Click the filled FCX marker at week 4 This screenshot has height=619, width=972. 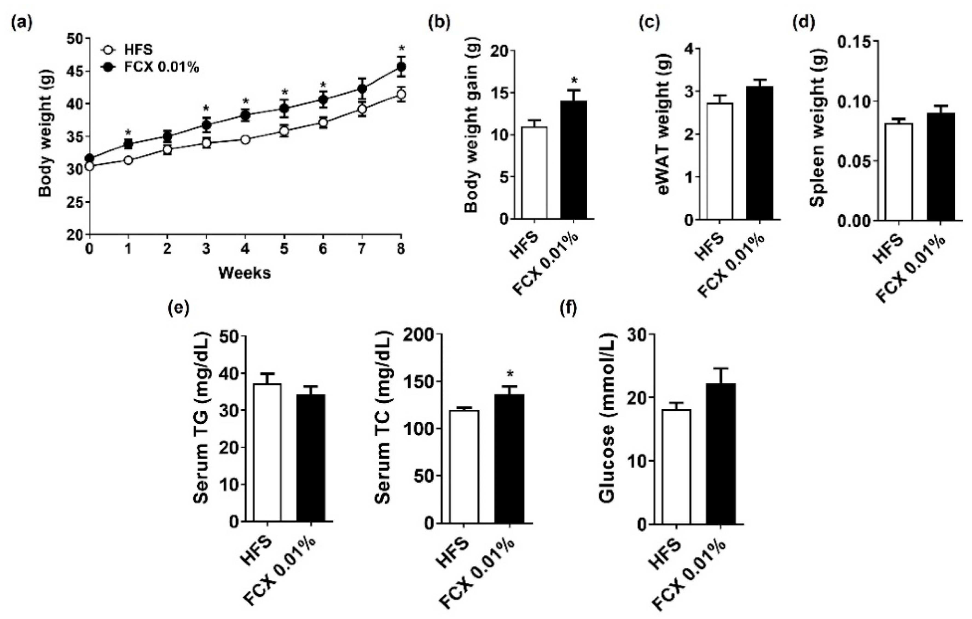245,115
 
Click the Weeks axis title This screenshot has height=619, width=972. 245,273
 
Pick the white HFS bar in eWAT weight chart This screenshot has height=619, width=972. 720,161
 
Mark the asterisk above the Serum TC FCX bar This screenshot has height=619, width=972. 510,375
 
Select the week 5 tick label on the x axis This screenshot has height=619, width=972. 284,249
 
